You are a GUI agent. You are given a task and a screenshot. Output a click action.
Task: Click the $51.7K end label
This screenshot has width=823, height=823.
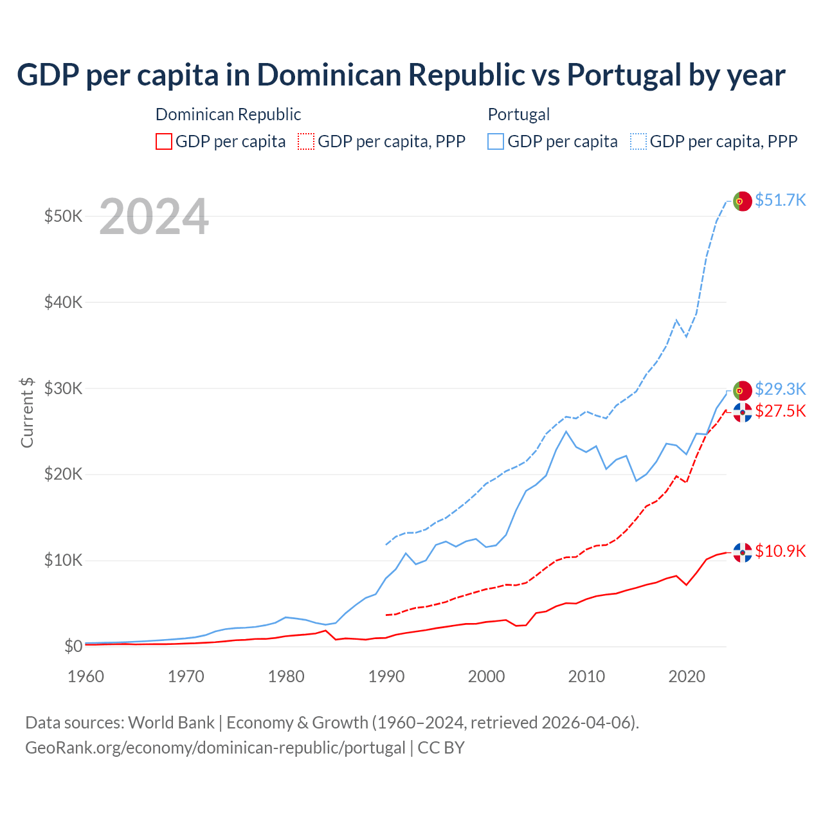coord(780,200)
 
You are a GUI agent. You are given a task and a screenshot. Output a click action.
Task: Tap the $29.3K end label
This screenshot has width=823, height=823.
coord(780,389)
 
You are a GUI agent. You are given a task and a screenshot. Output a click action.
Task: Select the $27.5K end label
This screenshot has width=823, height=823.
coord(780,411)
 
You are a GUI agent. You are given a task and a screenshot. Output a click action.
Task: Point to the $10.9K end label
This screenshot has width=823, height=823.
coord(780,551)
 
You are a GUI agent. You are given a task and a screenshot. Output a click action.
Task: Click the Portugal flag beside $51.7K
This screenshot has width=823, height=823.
coord(743,201)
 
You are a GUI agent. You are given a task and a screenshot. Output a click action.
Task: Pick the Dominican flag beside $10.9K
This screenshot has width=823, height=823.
coord(743,552)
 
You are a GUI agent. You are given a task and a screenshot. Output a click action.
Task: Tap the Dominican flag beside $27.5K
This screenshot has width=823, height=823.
coord(743,412)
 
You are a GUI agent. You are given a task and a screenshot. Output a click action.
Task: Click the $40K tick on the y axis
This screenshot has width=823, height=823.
coord(63,302)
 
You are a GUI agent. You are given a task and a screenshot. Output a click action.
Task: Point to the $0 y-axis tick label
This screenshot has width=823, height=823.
coord(73,646)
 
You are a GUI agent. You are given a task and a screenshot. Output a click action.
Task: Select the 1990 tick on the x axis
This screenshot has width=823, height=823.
coord(386,676)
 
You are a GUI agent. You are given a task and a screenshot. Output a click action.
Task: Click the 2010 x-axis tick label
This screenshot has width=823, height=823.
coord(586,676)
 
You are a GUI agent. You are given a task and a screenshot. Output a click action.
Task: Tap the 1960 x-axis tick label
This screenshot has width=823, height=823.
coord(86,676)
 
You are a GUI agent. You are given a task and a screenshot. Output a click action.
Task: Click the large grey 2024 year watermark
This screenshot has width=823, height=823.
coord(154,217)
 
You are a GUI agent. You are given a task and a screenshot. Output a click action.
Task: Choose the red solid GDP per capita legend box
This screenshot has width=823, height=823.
coord(164,141)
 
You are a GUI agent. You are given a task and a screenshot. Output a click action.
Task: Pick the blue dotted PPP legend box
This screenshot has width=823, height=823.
coord(638,141)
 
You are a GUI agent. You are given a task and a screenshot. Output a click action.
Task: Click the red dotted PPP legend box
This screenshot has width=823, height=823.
coord(306,141)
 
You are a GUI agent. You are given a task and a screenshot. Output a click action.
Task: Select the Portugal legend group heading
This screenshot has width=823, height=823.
coord(519,114)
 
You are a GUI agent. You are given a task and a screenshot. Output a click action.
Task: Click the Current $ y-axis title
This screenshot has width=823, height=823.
coord(27,412)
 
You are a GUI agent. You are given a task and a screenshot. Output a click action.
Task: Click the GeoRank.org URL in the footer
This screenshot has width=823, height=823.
coord(215,748)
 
